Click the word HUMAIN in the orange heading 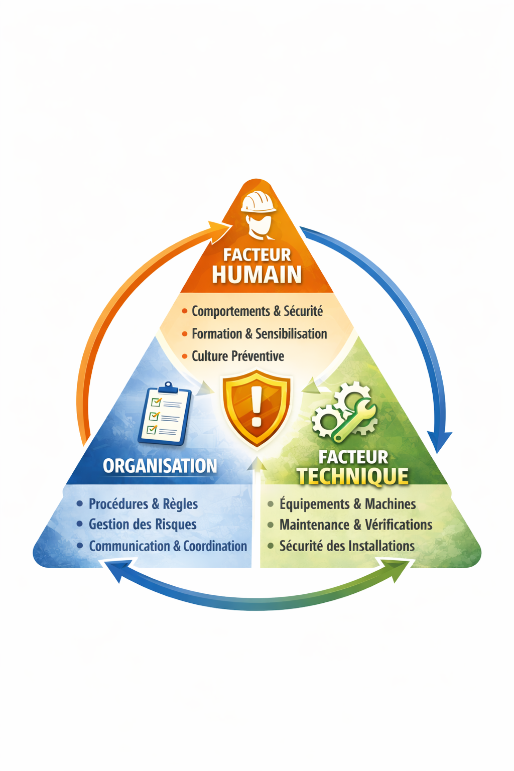[x=256, y=275]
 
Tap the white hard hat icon [x=259, y=202]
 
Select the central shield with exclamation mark [x=256, y=408]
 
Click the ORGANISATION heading [x=160, y=466]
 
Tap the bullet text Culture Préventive [x=237, y=356]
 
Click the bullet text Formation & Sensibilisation [x=259, y=334]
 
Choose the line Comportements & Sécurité [x=257, y=311]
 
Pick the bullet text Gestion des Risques [x=143, y=525]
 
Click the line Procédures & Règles [x=143, y=503]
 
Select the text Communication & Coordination [x=168, y=546]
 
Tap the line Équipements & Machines [x=347, y=503]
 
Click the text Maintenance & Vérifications [x=355, y=525]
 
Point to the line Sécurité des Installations [x=347, y=546]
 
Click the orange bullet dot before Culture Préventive [x=185, y=356]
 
